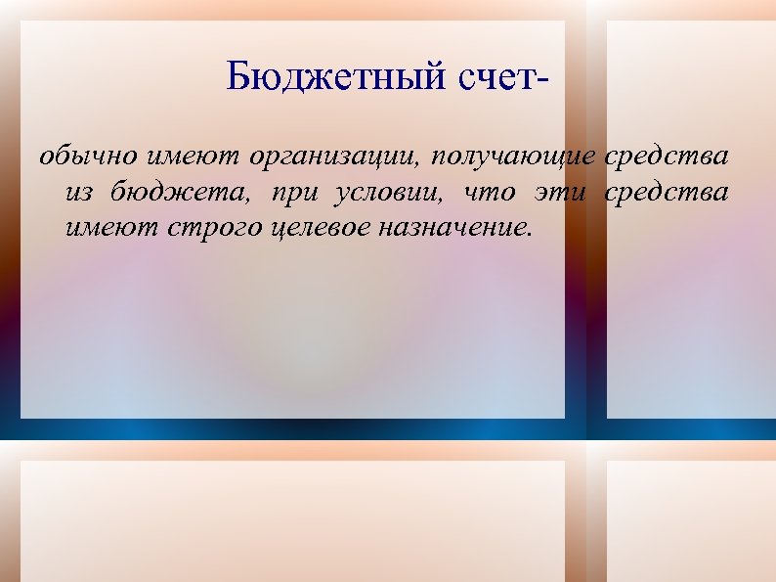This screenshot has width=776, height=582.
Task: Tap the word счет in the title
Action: click(x=496, y=76)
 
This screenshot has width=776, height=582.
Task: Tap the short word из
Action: click(x=80, y=193)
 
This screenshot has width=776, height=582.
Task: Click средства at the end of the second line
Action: click(x=668, y=193)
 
